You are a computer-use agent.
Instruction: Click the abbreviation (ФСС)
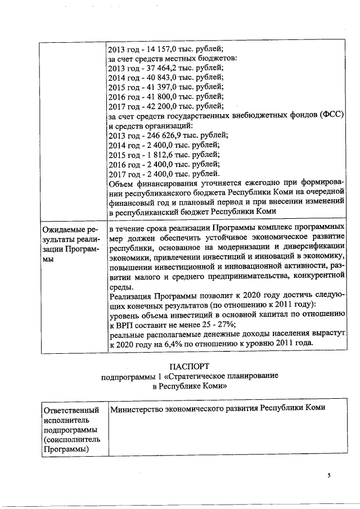pyautogui.click(x=332, y=116)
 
